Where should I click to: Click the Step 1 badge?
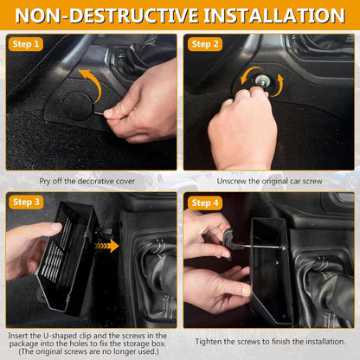click(x=26, y=44)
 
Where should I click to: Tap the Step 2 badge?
click(x=205, y=44)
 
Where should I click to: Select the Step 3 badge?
click(x=26, y=202)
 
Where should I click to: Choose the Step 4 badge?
click(x=205, y=202)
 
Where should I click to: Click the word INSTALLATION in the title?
click(x=274, y=16)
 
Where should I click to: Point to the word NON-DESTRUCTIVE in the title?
click(x=107, y=16)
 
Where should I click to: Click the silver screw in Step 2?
click(x=262, y=80)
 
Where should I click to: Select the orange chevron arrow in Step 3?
click(x=106, y=246)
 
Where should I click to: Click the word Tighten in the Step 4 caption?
click(x=208, y=342)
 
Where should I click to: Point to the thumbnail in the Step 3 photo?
click(x=56, y=227)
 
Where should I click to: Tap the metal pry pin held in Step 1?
click(x=99, y=113)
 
